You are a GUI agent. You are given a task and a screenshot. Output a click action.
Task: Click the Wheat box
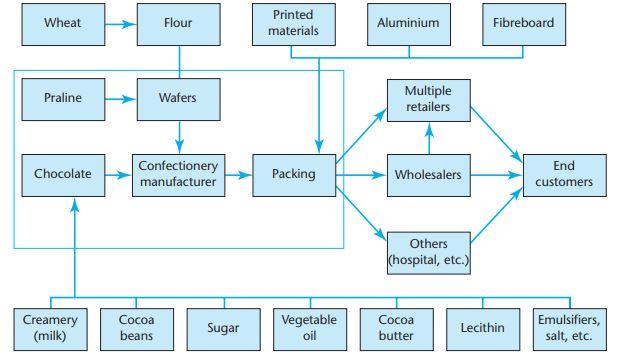[62, 23]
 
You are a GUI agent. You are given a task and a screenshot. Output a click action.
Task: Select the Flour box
[178, 23]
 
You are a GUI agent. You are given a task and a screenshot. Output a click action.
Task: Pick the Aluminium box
[408, 23]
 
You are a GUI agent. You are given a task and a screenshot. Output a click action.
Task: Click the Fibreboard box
[523, 23]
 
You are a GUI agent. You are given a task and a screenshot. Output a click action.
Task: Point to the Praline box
[62, 99]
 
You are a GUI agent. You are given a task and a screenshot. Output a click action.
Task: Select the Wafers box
[178, 99]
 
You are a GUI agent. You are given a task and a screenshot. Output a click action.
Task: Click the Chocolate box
[62, 175]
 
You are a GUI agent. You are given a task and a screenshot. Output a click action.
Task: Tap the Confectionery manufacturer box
[178, 175]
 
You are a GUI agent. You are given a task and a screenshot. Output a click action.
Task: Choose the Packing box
[293, 175]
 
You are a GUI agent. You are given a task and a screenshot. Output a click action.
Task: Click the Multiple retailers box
[428, 99]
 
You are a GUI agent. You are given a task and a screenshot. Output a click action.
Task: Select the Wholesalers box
[428, 175]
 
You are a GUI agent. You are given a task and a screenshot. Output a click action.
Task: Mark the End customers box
[563, 175]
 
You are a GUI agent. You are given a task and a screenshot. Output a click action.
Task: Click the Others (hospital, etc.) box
[428, 251]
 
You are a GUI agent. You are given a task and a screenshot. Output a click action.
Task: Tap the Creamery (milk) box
[49, 327]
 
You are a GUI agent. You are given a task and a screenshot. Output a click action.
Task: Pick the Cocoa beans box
[135, 327]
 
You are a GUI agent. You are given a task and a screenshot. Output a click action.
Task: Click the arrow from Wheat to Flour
[120, 23]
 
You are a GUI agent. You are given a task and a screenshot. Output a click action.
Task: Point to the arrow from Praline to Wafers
[120, 99]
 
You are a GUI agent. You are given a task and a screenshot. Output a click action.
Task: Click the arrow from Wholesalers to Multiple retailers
[428, 137]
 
